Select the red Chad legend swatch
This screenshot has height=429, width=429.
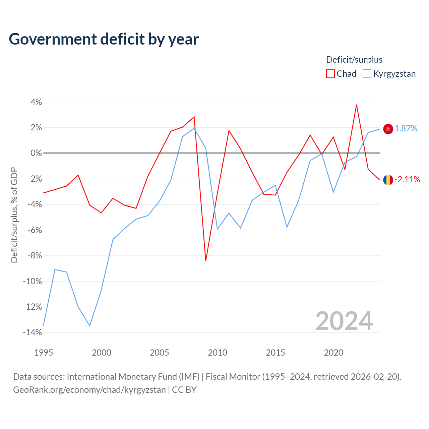coord(330,74)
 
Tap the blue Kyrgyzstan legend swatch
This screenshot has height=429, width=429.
coord(367,74)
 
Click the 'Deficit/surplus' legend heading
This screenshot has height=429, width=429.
coord(354,60)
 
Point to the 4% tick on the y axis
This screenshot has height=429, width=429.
coord(36,102)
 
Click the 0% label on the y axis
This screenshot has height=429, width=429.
coord(36,153)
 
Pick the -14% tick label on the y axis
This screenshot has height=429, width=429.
coord(33,332)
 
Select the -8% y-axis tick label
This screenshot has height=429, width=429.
coord(35,256)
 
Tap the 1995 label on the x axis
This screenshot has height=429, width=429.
coord(44,353)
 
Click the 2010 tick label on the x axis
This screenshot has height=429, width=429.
coord(218,353)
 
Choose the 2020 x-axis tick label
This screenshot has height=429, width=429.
coord(333,353)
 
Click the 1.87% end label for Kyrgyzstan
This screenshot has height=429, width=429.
coord(406,128)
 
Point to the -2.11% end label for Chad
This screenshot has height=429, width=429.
coord(407,179)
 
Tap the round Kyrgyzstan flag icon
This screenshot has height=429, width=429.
coord(388,129)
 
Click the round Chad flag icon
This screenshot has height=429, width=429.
coord(388,180)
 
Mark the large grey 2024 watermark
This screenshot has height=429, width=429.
coord(344,321)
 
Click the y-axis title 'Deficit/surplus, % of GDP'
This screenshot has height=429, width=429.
coord(14,215)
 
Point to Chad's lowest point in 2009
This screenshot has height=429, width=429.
coord(206,261)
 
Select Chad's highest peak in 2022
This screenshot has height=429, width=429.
coord(356,105)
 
